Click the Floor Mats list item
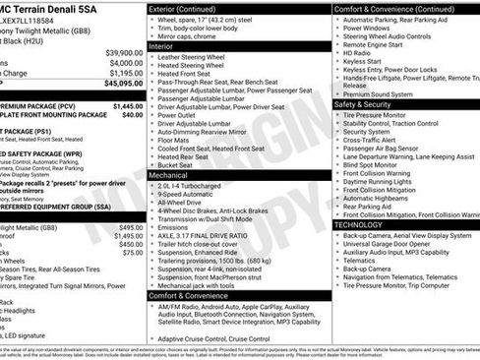(x=177, y=138)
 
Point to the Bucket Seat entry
(x=180, y=165)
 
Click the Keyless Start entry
(x=366, y=61)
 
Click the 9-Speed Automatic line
(x=190, y=192)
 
